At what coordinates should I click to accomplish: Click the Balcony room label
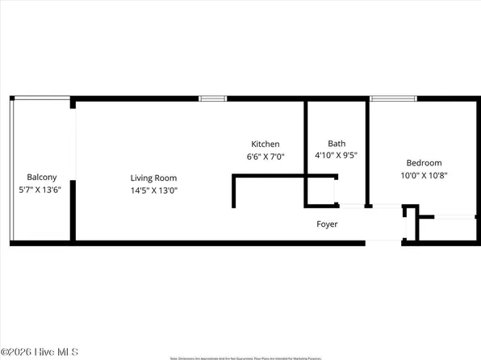pos(42,178)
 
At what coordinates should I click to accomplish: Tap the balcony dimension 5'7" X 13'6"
pos(42,190)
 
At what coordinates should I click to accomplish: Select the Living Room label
pos(154,178)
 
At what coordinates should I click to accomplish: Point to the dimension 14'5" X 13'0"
pos(154,191)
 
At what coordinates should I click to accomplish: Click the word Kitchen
pos(266,144)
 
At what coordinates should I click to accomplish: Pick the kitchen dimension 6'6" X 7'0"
pos(266,157)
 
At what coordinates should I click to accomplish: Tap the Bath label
pos(337,144)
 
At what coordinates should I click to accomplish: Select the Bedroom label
pos(424,161)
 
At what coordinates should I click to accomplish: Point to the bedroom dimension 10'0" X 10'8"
pos(424,174)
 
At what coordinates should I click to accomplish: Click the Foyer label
pos(327,224)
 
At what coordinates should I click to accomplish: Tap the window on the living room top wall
pos(213,98)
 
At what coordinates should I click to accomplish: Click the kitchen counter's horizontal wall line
pos(282,176)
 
